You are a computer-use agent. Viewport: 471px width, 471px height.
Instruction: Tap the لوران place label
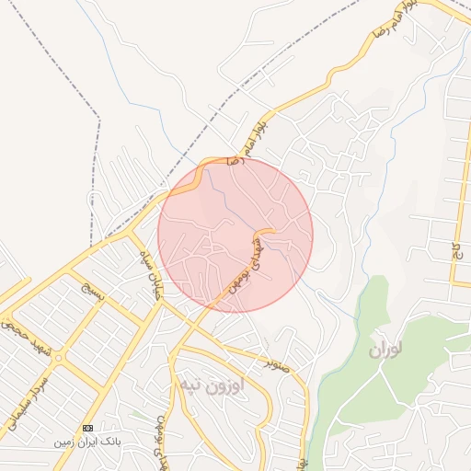pos(387,350)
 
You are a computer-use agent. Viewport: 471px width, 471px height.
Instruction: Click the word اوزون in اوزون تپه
pos(224,384)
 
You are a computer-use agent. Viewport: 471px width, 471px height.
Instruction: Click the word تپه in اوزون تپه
pos(188,384)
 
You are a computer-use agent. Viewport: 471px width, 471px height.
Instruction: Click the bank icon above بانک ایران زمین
pos(88,428)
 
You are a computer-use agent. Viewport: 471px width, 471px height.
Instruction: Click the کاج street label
pos(455,249)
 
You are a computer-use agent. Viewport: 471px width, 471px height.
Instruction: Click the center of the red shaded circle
pos(235,235)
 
